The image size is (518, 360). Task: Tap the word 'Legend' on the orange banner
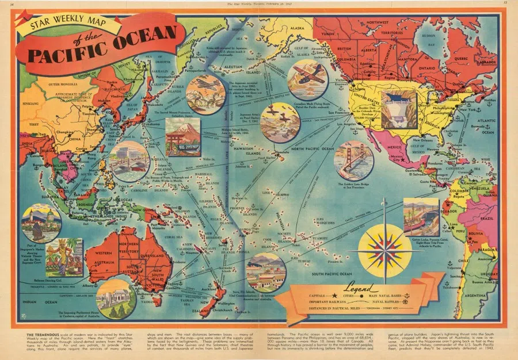357,286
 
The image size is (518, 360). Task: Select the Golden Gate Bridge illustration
353,159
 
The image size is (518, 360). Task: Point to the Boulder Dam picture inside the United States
398,109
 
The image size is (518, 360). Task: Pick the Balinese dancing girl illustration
64,257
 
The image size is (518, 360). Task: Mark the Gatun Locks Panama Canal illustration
420,217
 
